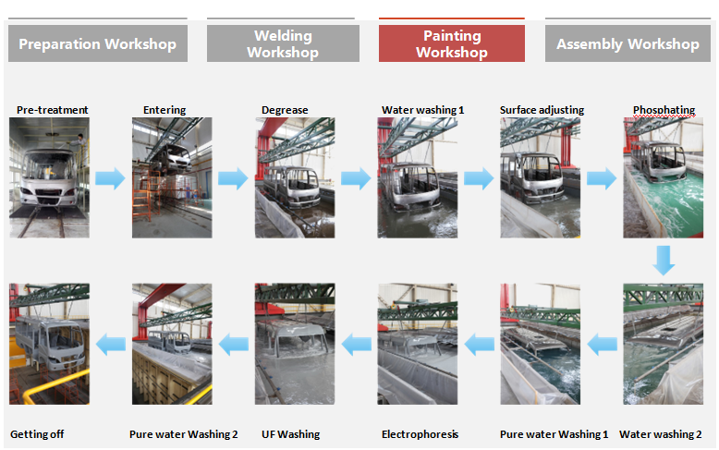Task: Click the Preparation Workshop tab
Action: click(x=97, y=43)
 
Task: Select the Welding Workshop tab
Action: click(x=283, y=43)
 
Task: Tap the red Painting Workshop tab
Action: click(x=451, y=43)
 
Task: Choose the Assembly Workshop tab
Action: click(x=628, y=43)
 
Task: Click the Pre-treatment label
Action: click(x=53, y=110)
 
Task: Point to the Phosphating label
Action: click(x=664, y=110)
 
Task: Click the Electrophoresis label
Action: click(x=420, y=434)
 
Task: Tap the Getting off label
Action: click(x=37, y=434)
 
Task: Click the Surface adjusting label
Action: click(x=542, y=110)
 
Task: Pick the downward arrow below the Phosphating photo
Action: click(x=663, y=260)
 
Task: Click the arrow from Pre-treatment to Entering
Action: click(x=110, y=178)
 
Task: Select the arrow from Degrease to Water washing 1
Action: click(x=355, y=178)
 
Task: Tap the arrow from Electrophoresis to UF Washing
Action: click(x=357, y=345)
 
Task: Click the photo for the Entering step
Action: click(x=172, y=177)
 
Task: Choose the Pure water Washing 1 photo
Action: click(x=540, y=344)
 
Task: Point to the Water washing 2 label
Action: click(x=660, y=434)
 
